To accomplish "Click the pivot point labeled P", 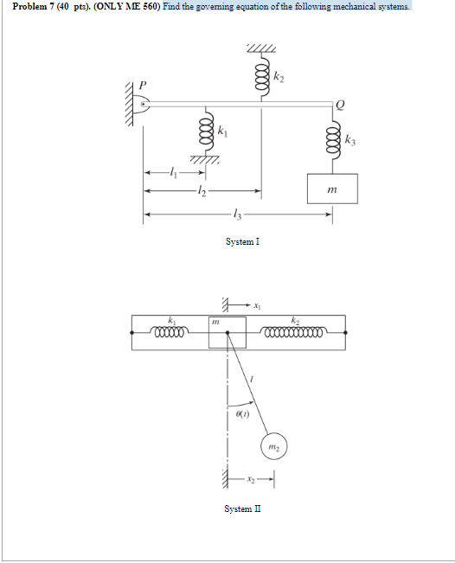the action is (x=144, y=105).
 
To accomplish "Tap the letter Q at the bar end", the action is (x=340, y=106).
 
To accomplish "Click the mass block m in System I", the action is (x=332, y=189).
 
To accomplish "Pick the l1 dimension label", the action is (x=174, y=172).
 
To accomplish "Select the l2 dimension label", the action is (x=202, y=191).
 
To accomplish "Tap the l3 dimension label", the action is (x=237, y=214).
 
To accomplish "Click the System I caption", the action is (x=242, y=241).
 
